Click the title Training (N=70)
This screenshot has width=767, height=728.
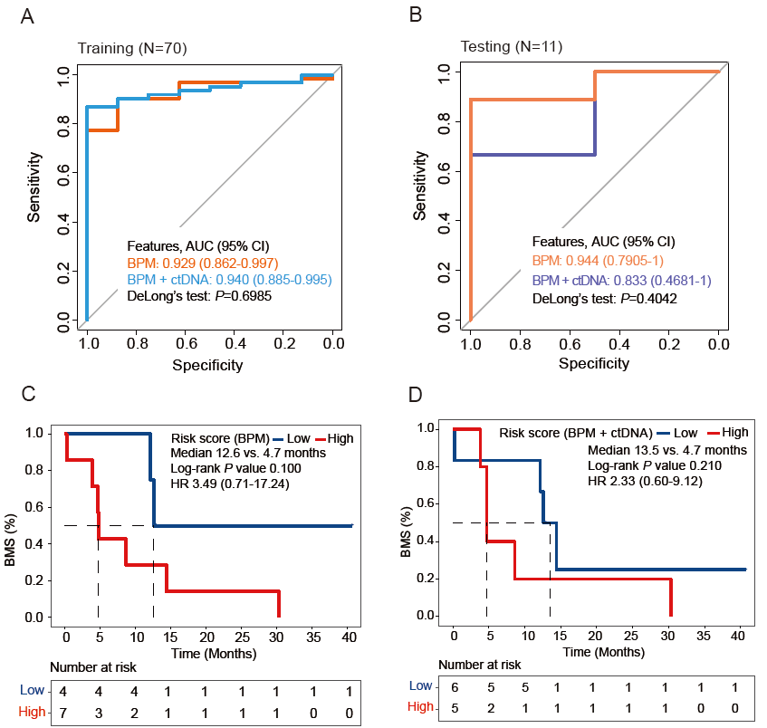[x=132, y=48]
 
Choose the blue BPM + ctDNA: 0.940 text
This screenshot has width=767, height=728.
[x=229, y=280]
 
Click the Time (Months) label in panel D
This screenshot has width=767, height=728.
[x=601, y=649]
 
